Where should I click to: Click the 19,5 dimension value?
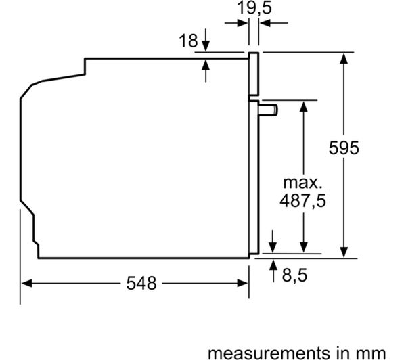(254, 7)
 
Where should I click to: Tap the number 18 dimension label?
(188, 41)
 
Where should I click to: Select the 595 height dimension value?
(344, 148)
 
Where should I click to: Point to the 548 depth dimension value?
(141, 283)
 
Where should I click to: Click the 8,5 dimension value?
(294, 275)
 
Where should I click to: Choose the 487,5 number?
(302, 200)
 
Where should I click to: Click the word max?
(302, 183)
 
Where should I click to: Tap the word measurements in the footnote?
(269, 353)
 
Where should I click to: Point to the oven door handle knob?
(268, 110)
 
